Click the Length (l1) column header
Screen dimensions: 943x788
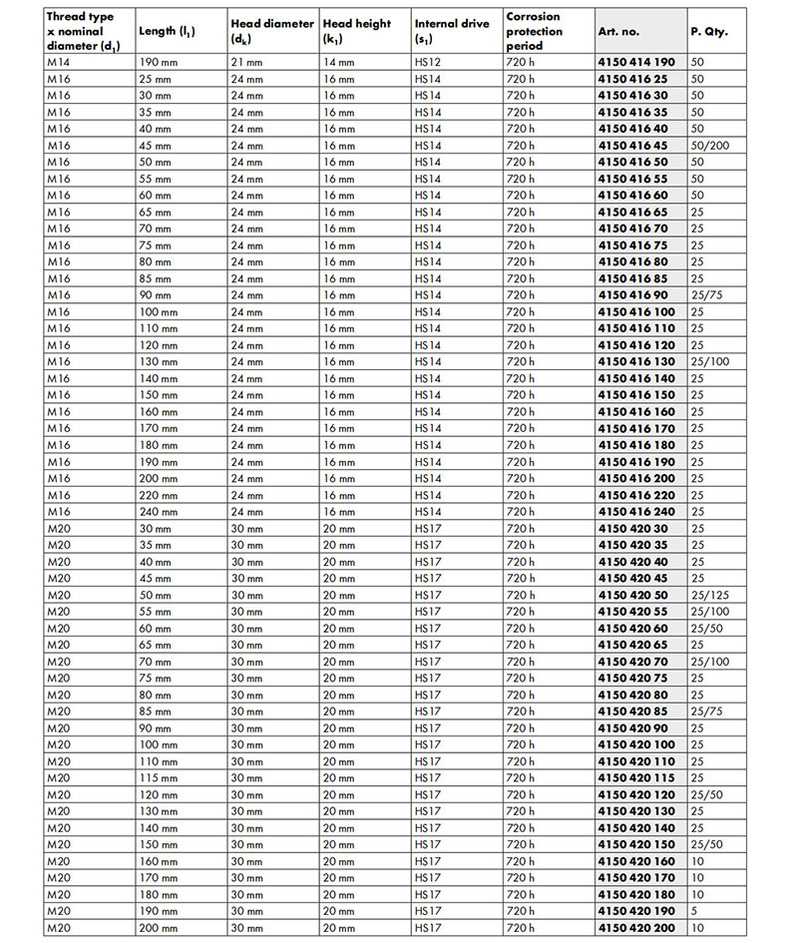[x=167, y=32]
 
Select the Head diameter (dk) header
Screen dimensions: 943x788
[x=271, y=32]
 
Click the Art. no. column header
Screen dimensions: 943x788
[x=617, y=32]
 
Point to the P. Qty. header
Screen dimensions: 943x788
[x=709, y=32]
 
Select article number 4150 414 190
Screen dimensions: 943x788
[x=636, y=62]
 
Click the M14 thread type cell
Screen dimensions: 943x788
[x=60, y=62]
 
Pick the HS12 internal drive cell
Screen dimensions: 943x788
[x=428, y=62]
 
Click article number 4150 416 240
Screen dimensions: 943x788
[x=636, y=512]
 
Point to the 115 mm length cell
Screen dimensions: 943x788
[x=159, y=778]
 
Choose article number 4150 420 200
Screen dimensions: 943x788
[x=636, y=928]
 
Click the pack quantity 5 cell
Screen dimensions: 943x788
[x=696, y=911]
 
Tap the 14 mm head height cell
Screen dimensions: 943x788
[x=339, y=62]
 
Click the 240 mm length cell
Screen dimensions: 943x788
[x=159, y=512]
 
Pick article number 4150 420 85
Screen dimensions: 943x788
[x=632, y=711]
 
